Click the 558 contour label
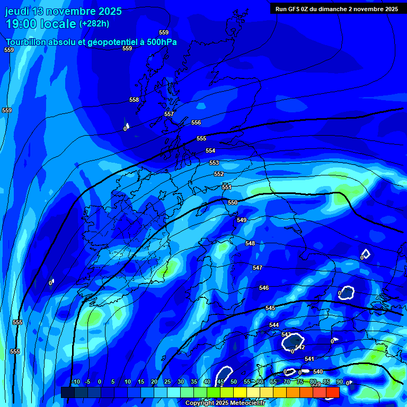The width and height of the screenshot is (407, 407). [x=134, y=100]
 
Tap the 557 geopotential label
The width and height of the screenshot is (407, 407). [x=169, y=114]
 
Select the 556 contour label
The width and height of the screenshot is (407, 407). [x=196, y=122]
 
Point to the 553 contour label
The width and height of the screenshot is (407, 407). [x=214, y=163]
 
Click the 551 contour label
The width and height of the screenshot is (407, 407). [x=227, y=187]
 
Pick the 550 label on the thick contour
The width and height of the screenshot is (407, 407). [x=233, y=202]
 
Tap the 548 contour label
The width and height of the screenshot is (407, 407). [x=250, y=243]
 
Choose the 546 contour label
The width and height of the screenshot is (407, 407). [x=264, y=288]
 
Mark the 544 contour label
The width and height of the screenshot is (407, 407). [x=274, y=325]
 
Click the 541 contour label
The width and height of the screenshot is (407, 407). [x=309, y=359]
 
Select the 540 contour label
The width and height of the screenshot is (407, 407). [x=318, y=371]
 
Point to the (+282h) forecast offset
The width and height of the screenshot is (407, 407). [x=94, y=24]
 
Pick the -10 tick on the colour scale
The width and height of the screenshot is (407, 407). [x=75, y=382]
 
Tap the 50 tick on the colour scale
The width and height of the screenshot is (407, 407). [x=234, y=382]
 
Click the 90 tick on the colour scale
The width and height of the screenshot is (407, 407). [x=339, y=382]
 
